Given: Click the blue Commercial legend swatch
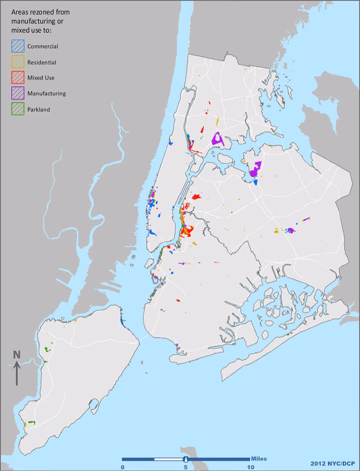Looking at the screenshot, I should (18, 46).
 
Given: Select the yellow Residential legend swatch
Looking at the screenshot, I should (18, 62).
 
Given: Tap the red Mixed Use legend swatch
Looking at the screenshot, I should (18, 77).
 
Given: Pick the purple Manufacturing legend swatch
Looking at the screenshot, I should (18, 93).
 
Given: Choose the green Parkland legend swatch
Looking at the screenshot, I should (18, 109).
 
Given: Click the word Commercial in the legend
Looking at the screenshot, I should (43, 46).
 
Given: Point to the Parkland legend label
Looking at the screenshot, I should (39, 109).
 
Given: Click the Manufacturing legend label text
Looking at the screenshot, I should (46, 94).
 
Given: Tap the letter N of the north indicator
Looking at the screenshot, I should (17, 354).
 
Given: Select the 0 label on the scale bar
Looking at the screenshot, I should (122, 467).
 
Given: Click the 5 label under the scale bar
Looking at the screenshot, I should (185, 467).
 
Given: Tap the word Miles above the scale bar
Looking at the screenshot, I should (259, 458).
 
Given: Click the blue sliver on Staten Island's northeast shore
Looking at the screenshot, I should (123, 322).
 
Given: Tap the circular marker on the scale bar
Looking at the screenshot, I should (185, 459).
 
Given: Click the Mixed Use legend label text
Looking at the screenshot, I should (41, 78).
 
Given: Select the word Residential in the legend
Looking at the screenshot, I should (41, 62).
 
